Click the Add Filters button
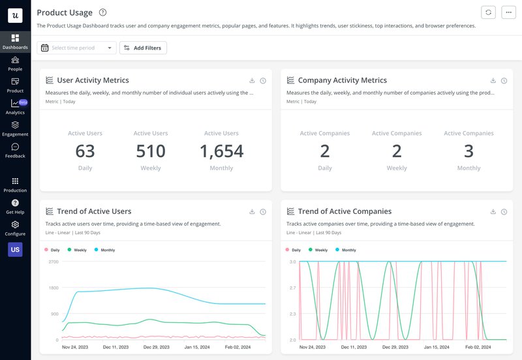tap(143, 48)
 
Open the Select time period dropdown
tap(76, 48)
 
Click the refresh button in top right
tap(488, 12)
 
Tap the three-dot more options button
tap(508, 12)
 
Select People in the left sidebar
tap(15, 63)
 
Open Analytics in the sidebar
tap(15, 106)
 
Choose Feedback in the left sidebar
tap(15, 150)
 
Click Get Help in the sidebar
tap(15, 206)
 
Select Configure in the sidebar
tap(15, 228)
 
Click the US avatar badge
tap(15, 249)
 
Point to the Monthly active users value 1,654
tap(221, 151)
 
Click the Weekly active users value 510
tap(151, 151)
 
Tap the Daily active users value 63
tap(85, 151)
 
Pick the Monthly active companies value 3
tap(468, 151)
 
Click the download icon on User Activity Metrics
tap(252, 81)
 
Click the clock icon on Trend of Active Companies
tap(504, 212)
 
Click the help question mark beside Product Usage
tap(102, 12)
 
